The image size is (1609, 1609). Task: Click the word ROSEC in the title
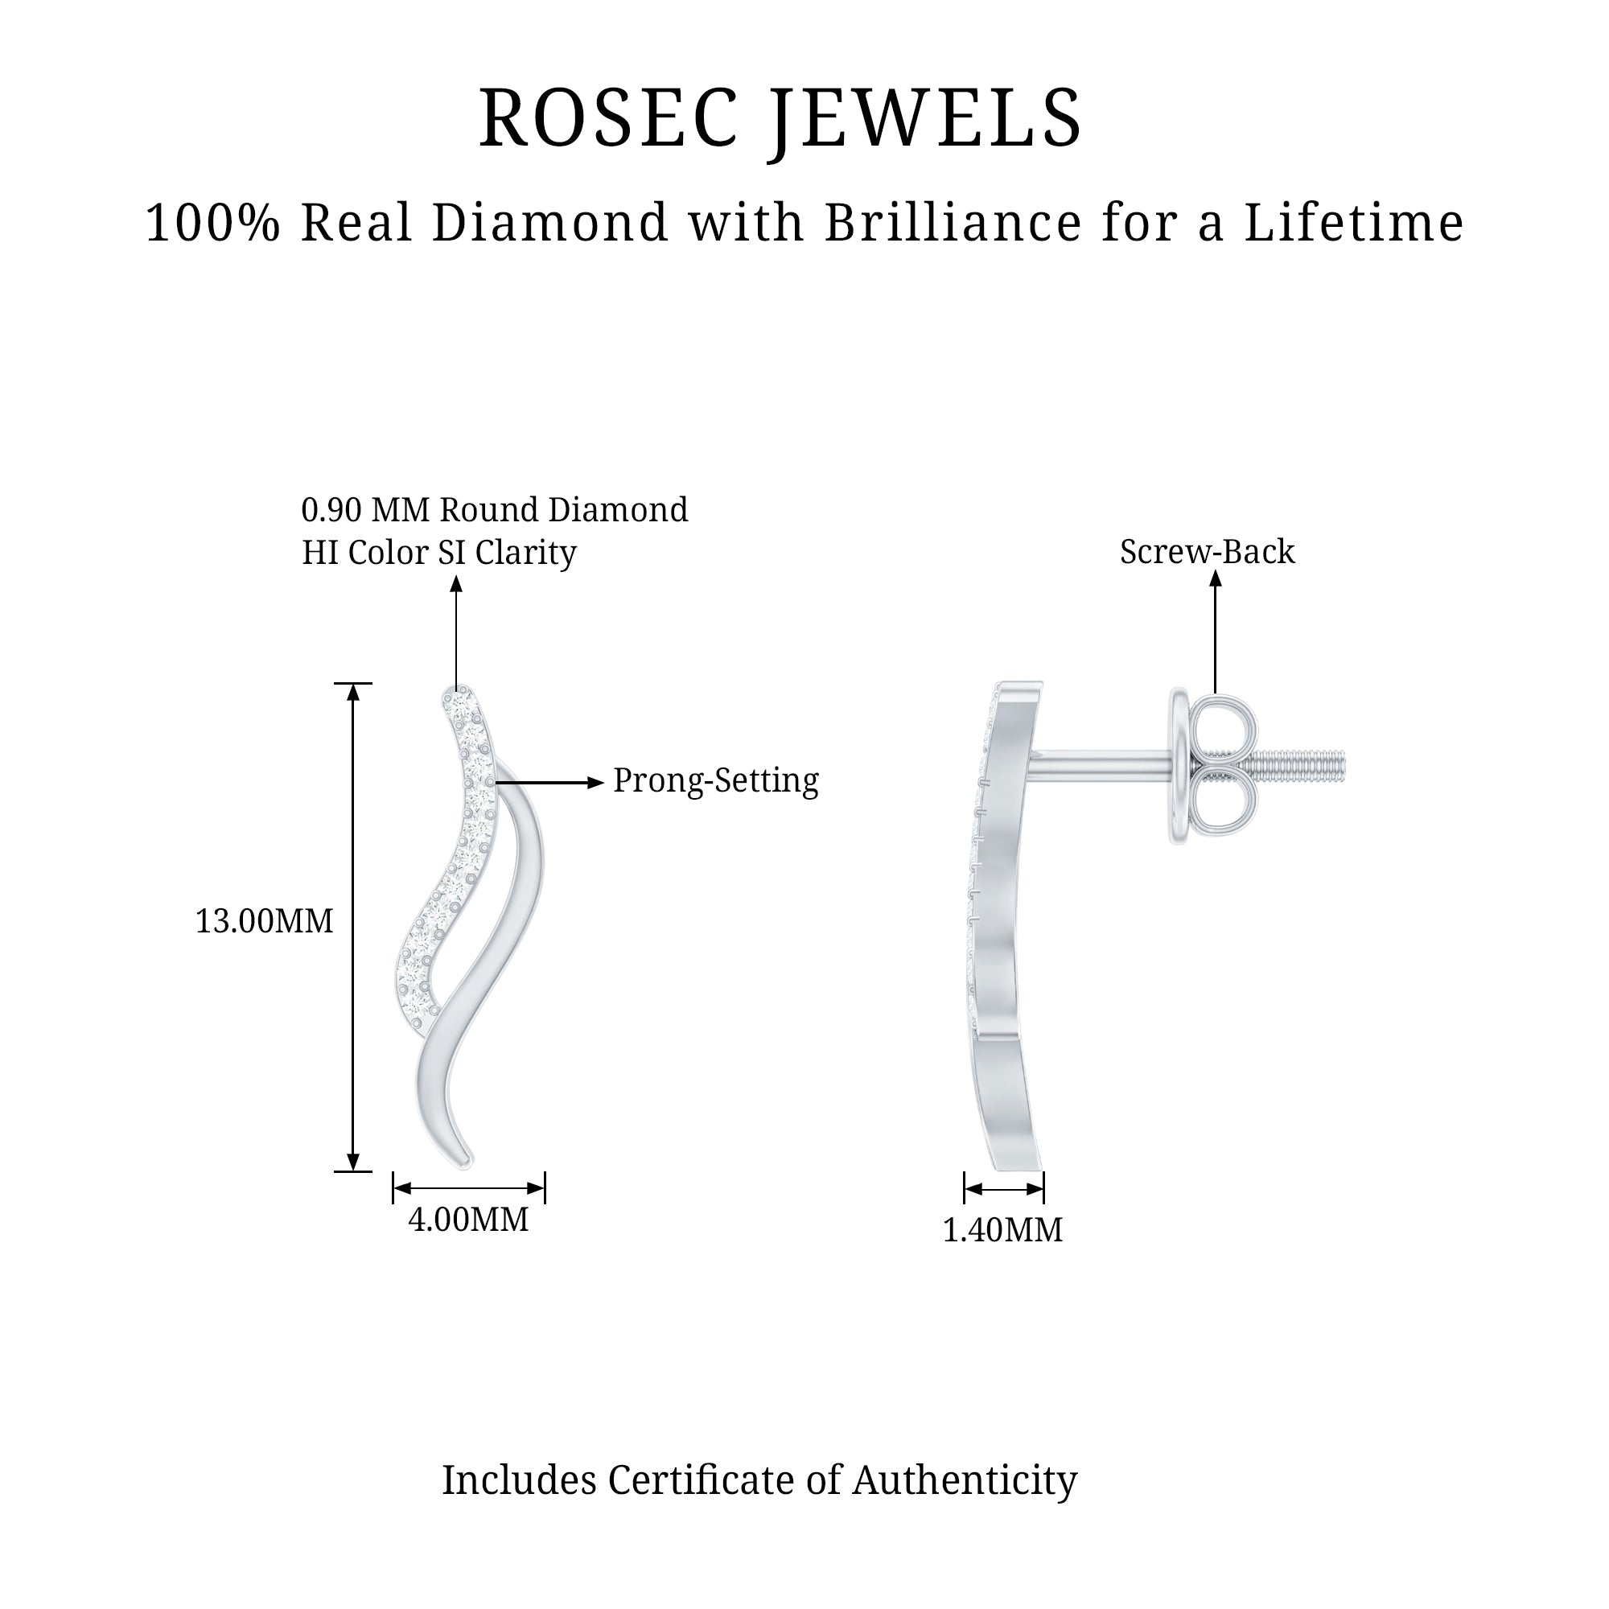coord(608,118)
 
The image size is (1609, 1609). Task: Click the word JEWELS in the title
coord(926,118)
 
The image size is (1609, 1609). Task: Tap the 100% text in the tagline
coord(212,223)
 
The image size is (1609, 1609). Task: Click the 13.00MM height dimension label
coord(264,922)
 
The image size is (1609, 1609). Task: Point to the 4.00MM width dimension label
coord(468,1220)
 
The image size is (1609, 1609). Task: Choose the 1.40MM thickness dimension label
coord(1002,1230)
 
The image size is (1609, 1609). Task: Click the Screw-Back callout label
coord(1207,552)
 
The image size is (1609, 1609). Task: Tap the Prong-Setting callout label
coord(715,781)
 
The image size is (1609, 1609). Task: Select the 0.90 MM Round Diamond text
coord(495,511)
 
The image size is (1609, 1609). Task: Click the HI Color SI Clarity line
coord(439,553)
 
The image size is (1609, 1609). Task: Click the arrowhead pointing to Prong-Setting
coord(595,783)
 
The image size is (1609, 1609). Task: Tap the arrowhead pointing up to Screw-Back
coord(1215,578)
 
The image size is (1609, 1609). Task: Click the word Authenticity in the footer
coord(965,1481)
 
